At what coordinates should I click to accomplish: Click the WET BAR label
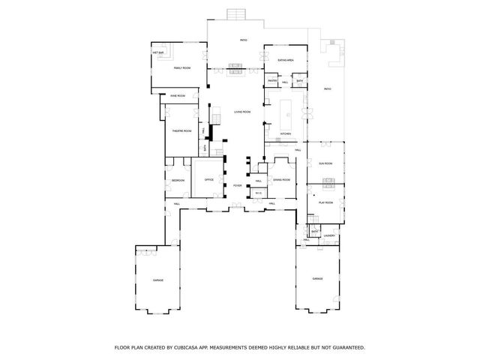click(158, 53)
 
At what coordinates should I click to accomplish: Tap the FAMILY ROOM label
click(182, 68)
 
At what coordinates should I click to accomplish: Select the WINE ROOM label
click(178, 96)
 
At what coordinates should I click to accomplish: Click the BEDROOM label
click(178, 181)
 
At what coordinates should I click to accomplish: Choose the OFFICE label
click(209, 180)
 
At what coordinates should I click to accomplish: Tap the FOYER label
click(237, 185)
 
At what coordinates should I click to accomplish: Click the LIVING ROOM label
click(241, 112)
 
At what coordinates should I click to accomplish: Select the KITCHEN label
click(285, 134)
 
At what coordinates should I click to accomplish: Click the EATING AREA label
click(285, 59)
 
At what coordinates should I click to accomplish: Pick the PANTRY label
click(272, 81)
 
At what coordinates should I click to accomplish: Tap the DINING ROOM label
click(282, 180)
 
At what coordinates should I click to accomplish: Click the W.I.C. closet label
click(257, 194)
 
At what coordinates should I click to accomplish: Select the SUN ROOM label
click(325, 163)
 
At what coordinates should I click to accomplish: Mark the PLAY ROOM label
click(325, 202)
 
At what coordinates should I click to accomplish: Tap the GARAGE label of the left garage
click(158, 280)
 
